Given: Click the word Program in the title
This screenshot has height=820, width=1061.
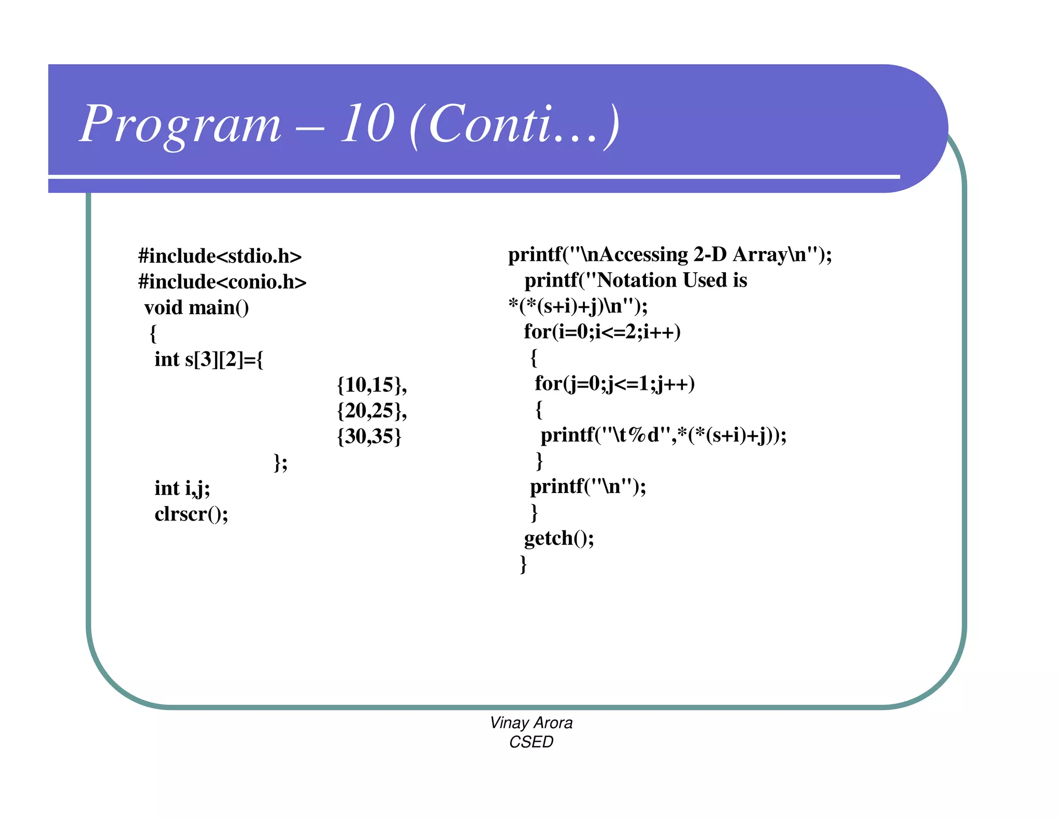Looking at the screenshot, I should (180, 124).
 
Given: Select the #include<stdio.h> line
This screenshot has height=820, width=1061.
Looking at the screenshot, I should (220, 256).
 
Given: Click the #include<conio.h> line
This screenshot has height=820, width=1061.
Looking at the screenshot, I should (222, 282).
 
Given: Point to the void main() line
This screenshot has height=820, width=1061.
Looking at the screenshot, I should (196, 308).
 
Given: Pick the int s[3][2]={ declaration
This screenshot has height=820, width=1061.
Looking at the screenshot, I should (209, 359).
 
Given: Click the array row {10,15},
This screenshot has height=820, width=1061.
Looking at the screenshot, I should (371, 385).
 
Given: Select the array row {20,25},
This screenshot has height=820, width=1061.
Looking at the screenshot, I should (371, 411).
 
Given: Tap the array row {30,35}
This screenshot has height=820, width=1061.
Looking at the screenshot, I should (369, 436).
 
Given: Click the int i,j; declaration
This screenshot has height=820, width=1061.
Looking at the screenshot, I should (182, 488).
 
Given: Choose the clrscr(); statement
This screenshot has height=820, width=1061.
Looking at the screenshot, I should (191, 514).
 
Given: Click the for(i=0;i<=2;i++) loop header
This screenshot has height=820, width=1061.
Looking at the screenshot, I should (602, 332).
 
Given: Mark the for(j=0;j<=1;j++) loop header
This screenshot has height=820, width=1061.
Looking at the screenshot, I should (614, 384).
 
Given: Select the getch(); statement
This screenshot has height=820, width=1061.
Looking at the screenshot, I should (559, 538).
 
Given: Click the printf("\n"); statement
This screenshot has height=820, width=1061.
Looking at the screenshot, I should (588, 487).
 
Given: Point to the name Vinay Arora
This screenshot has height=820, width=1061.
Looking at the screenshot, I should (531, 723).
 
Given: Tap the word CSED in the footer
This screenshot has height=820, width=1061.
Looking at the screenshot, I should (531, 742).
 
